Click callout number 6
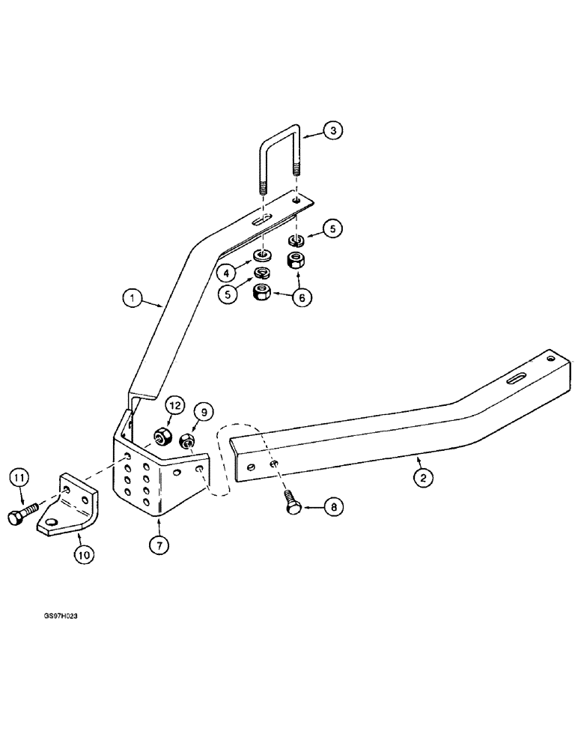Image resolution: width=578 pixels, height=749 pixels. click(302, 297)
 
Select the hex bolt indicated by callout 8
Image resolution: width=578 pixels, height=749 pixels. click(293, 504)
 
